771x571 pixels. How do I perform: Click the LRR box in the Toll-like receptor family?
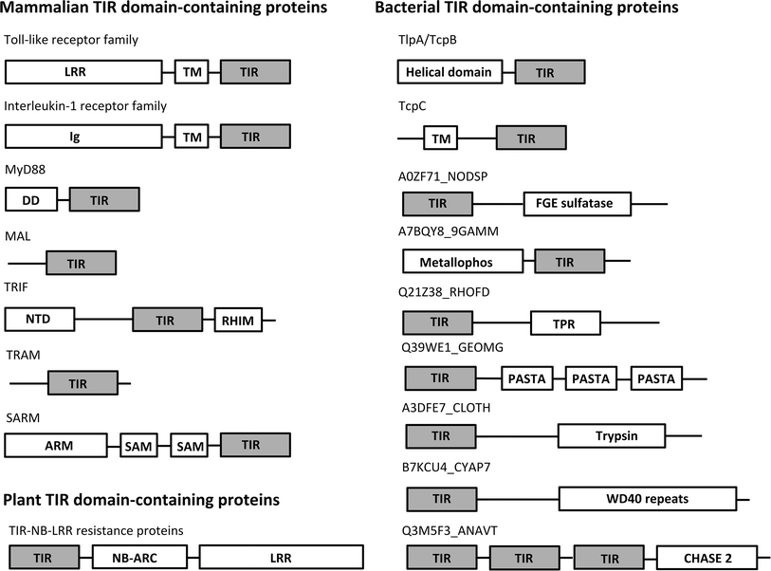[83, 72]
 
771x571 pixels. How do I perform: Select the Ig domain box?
[83, 137]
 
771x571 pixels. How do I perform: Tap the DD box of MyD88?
[31, 199]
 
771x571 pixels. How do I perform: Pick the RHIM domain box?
[238, 320]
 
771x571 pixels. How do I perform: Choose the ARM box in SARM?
[57, 445]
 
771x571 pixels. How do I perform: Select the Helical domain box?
[450, 72]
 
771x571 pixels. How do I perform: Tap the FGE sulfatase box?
[578, 203]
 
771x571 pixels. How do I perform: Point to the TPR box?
[565, 323]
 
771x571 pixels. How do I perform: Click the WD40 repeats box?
[648, 499]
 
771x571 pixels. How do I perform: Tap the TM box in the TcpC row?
[441, 139]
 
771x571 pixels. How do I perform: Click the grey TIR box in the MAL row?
[81, 263]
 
